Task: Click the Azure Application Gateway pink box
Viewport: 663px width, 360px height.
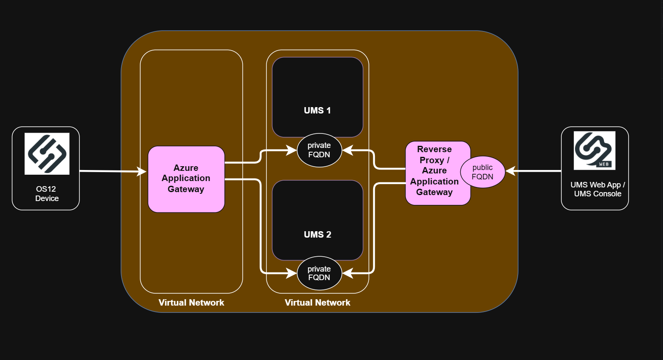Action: click(186, 179)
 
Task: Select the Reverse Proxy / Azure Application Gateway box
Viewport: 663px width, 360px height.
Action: click(433, 173)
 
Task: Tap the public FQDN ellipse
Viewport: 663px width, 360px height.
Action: click(482, 172)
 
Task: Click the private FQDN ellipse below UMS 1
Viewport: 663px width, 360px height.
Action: click(319, 150)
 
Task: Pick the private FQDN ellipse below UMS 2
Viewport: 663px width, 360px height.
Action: click(319, 273)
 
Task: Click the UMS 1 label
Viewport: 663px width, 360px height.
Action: click(317, 111)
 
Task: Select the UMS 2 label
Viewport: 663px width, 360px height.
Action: click(317, 235)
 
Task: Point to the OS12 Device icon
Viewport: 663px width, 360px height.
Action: click(47, 153)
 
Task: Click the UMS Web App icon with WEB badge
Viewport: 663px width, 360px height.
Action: click(594, 150)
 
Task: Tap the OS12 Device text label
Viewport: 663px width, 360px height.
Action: click(46, 194)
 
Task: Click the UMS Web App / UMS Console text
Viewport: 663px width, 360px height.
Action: click(597, 189)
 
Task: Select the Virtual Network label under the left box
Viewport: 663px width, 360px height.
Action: click(191, 303)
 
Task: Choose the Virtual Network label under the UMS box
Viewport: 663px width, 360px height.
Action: click(317, 303)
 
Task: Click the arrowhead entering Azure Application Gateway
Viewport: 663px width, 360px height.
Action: click(142, 171)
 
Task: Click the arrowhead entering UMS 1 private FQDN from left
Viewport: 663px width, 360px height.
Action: click(292, 150)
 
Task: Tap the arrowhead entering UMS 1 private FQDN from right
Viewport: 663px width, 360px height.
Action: click(348, 150)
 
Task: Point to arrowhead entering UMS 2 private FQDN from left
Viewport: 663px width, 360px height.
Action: click(292, 273)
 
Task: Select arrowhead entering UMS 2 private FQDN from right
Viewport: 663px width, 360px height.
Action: click(348, 273)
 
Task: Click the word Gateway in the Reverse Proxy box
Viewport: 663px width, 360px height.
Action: click(434, 192)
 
